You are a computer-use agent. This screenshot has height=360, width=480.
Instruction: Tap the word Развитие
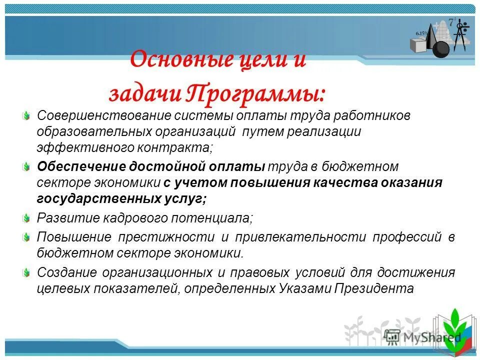tap(61, 218)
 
